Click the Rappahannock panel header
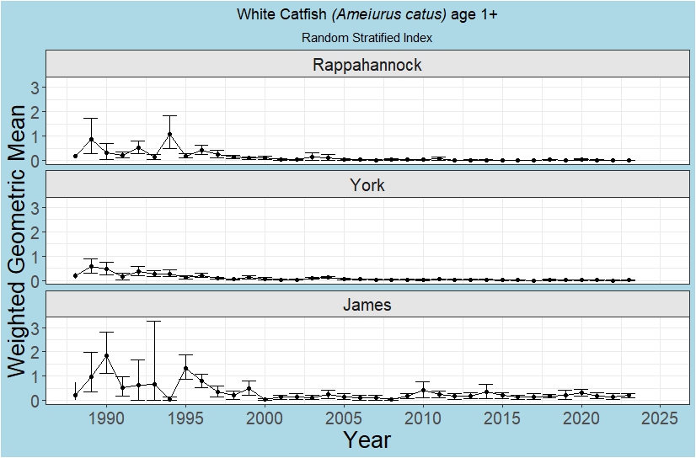(x=367, y=65)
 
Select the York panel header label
(x=367, y=185)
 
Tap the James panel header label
(x=367, y=305)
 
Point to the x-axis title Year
(x=367, y=439)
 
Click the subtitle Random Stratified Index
(x=367, y=38)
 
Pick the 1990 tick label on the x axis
(x=106, y=418)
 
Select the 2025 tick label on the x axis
(x=661, y=418)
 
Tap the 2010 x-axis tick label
(x=423, y=418)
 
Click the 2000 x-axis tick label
(x=265, y=418)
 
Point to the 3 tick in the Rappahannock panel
(x=35, y=87)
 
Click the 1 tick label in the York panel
(x=35, y=256)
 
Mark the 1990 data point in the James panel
(x=106, y=355)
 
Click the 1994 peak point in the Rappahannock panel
(x=169, y=134)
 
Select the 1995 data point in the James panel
(x=185, y=368)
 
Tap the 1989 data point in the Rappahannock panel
(x=91, y=139)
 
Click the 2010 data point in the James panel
(x=423, y=390)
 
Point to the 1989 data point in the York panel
(x=91, y=266)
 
